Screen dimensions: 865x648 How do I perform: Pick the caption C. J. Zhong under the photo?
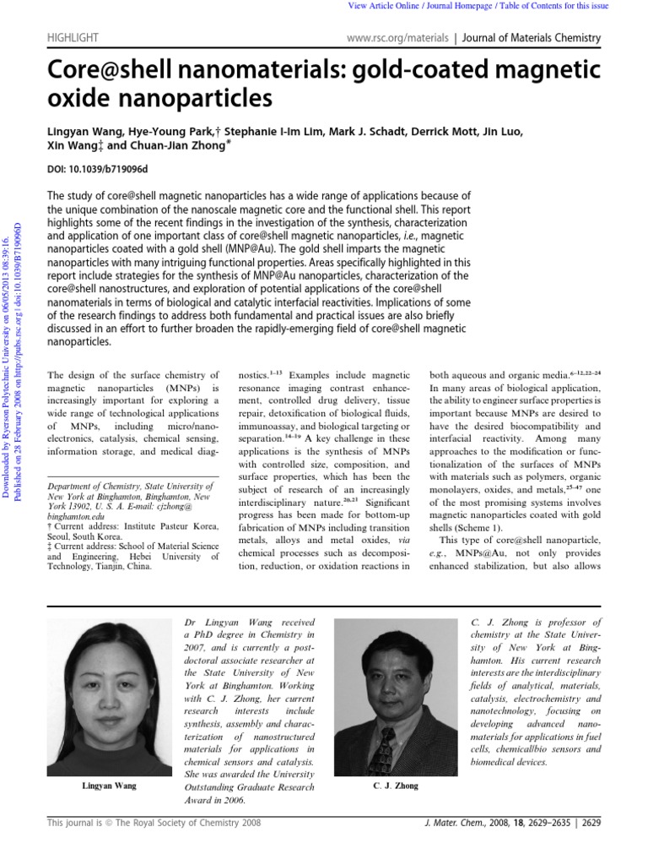pyautogui.click(x=395, y=786)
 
